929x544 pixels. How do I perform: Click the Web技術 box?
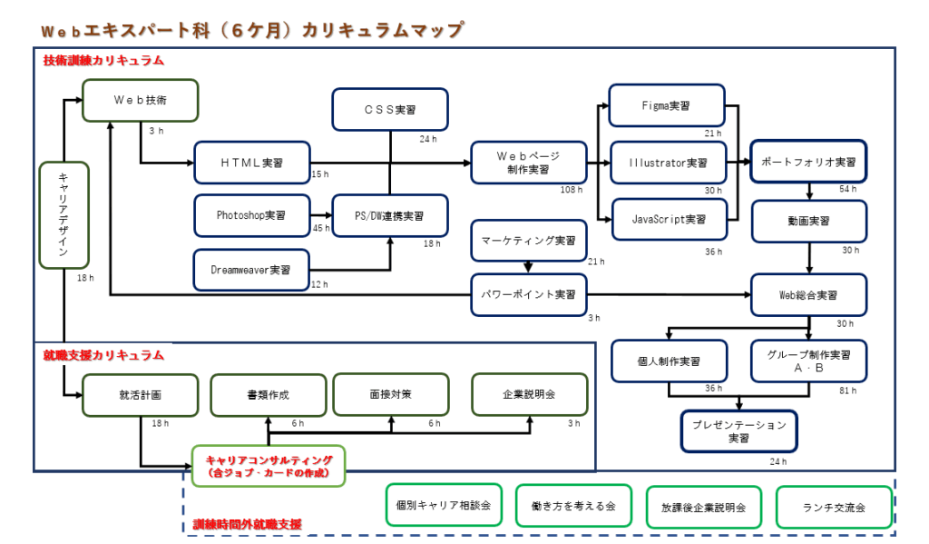click(x=141, y=100)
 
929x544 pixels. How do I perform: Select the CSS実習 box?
click(x=390, y=110)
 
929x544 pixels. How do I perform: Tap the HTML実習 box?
click(x=252, y=163)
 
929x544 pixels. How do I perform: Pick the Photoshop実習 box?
click(x=252, y=215)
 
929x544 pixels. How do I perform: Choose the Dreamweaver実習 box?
click(x=251, y=270)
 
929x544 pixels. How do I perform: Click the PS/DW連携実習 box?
click(x=390, y=216)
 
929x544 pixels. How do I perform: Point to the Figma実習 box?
click(x=667, y=105)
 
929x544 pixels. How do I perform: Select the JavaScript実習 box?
click(x=669, y=220)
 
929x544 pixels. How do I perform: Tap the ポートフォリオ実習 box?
click(x=808, y=162)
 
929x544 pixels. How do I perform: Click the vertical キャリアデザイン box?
click(x=64, y=215)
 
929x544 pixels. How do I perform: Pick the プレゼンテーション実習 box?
click(x=738, y=431)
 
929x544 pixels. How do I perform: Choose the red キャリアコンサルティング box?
click(x=269, y=466)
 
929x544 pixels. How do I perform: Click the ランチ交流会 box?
click(x=835, y=508)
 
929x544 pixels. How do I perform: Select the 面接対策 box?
click(x=391, y=394)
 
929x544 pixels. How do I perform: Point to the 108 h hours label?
click(x=572, y=190)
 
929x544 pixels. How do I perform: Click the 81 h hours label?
click(x=848, y=391)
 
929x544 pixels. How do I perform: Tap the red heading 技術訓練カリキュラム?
click(x=103, y=61)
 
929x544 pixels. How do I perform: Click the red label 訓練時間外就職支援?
click(x=248, y=524)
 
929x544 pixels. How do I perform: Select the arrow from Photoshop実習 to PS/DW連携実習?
click(x=322, y=215)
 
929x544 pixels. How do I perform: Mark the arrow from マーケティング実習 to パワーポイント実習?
click(x=528, y=268)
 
